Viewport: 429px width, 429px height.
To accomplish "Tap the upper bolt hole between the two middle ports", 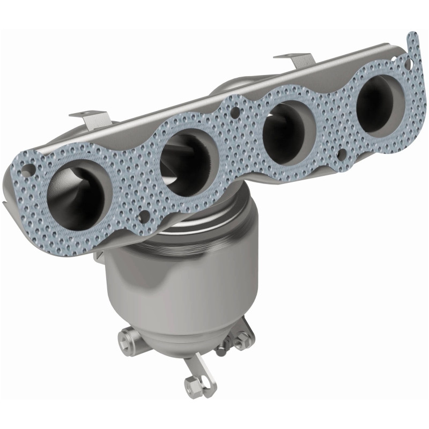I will point(234,113).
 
